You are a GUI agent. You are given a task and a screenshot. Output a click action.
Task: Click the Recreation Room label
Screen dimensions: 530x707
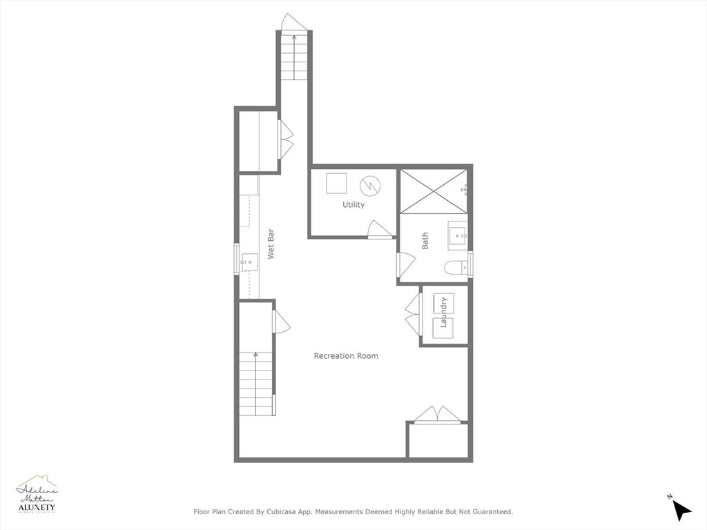346,356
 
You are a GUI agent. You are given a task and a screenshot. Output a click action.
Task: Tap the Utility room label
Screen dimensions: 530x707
353,205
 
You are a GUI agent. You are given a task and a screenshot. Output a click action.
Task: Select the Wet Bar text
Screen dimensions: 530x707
271,244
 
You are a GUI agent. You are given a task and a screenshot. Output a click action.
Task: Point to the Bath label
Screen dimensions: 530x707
425,241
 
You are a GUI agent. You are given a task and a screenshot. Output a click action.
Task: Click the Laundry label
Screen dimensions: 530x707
445,313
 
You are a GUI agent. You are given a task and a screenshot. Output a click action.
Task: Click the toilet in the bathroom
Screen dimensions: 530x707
455,267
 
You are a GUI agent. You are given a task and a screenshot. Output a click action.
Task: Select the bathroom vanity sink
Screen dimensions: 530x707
457,236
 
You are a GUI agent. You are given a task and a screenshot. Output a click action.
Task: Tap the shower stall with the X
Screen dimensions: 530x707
434,190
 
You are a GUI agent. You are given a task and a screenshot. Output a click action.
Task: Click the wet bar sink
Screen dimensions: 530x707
249,262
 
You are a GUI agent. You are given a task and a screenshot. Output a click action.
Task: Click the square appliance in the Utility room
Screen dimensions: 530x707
336,184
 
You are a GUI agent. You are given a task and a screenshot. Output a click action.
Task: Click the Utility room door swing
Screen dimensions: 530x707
380,230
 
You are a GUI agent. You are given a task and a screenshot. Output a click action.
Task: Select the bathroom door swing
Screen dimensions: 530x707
405,264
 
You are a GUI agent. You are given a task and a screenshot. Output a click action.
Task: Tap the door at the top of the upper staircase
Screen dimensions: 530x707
294,22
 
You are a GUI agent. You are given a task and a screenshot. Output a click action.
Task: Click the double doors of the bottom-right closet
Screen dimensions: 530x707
437,414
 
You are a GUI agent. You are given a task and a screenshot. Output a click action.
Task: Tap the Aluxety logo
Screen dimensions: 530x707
37,495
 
